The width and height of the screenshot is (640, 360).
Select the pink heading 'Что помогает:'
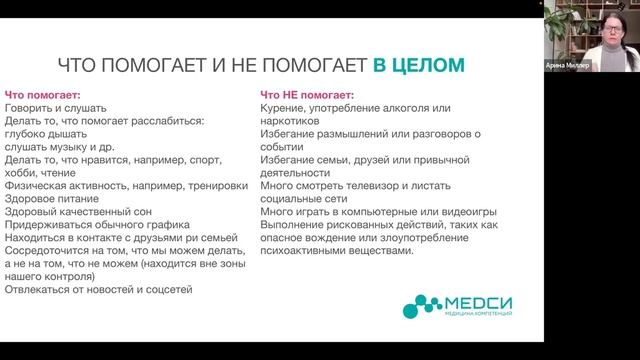(x=35, y=93)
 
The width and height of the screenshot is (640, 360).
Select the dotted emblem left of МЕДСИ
(x=409, y=305)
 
